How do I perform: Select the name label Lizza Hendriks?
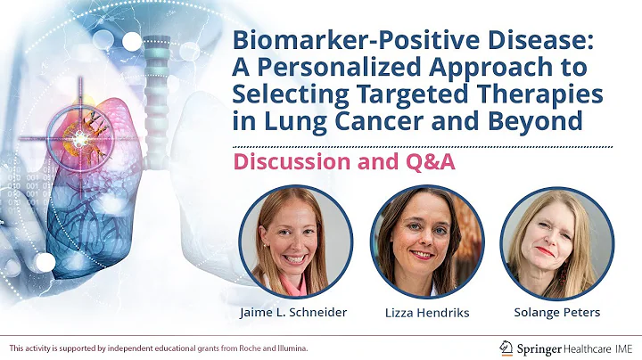[426, 313]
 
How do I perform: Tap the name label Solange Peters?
[556, 313]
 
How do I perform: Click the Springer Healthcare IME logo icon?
[506, 347]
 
